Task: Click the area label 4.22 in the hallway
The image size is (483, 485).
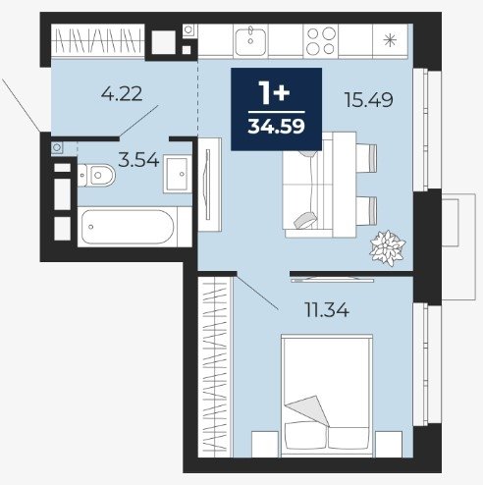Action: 122,93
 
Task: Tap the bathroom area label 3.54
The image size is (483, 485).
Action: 138,160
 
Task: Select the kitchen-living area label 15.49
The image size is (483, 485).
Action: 369,100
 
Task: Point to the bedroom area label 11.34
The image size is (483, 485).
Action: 327,310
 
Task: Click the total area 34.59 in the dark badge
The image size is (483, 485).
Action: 276,126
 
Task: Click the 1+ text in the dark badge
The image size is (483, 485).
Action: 274,93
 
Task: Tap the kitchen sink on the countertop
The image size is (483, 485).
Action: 250,41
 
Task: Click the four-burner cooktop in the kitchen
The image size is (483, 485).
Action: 321,41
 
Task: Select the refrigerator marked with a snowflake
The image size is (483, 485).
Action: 390,41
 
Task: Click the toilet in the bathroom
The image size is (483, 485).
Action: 96,176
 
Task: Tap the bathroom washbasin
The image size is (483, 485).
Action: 178,174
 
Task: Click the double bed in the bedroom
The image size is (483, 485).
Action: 327,396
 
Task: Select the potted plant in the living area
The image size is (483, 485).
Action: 388,247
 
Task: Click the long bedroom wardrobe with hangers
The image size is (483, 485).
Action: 215,366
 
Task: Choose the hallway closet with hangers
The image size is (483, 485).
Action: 98,41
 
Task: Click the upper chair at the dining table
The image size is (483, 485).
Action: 366,158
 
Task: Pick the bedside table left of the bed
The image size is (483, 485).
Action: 265,444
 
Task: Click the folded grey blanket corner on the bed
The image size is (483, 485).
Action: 309,409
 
